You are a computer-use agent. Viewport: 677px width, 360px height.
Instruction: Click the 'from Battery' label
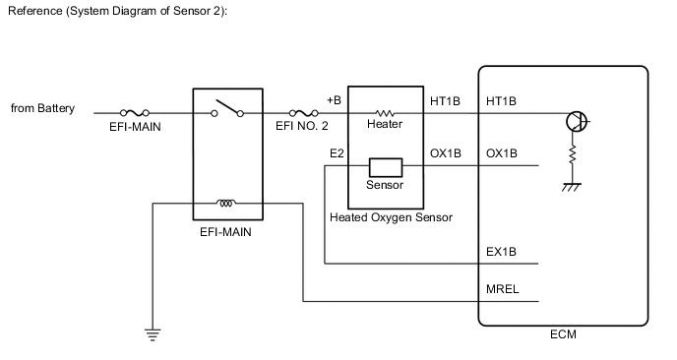click(x=43, y=109)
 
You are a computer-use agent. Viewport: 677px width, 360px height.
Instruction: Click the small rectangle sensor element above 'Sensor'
click(x=384, y=167)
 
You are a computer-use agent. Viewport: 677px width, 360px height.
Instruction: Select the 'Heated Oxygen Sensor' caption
click(x=391, y=216)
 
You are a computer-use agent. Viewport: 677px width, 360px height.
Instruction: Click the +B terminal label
click(x=334, y=100)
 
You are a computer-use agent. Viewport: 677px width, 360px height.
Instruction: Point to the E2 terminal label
click(x=336, y=154)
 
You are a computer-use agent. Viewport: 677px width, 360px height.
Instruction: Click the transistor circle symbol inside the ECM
click(x=578, y=122)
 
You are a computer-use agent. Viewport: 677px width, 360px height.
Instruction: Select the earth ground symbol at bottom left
click(x=153, y=334)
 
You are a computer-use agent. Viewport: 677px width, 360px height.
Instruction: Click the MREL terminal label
click(x=503, y=290)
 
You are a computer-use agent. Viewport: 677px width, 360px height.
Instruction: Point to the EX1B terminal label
click(x=502, y=252)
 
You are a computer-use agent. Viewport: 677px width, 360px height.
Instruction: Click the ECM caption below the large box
click(x=564, y=335)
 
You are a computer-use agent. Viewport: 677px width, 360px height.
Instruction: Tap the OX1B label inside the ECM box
click(x=502, y=154)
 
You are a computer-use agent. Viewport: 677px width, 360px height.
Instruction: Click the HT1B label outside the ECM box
click(x=446, y=100)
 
